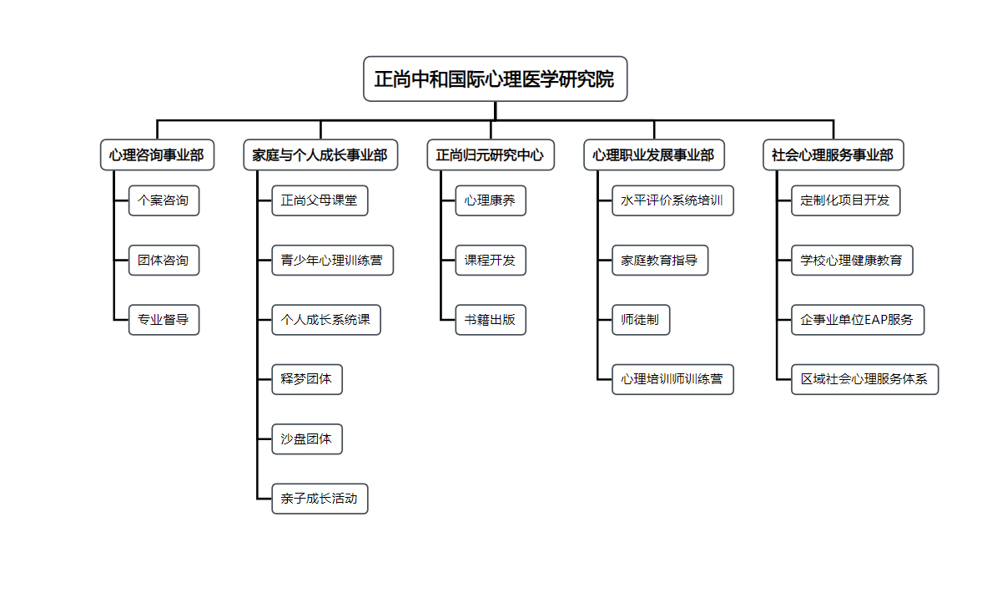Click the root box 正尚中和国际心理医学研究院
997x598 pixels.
tap(495, 79)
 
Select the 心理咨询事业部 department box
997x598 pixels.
tap(157, 155)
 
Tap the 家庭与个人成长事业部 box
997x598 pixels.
tap(320, 155)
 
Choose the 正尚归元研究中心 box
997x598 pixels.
tap(491, 155)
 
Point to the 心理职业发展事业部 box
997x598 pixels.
tap(653, 155)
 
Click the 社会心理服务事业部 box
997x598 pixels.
tap(833, 155)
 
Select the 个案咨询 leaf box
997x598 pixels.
tap(164, 200)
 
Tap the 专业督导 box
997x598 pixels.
tap(164, 320)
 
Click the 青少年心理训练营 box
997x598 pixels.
tap(332, 261)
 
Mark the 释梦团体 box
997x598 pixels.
tap(307, 379)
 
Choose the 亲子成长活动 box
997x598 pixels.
tap(320, 499)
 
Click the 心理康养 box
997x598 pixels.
tap(491, 200)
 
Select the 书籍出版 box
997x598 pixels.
tap(491, 320)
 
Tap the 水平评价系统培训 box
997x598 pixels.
tap(672, 200)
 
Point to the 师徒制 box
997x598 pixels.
tap(641, 320)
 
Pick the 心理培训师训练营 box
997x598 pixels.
tap(672, 379)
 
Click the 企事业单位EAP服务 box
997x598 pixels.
tap(858, 320)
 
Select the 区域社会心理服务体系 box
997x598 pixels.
tap(864, 379)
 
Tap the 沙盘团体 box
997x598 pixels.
tap(307, 439)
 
